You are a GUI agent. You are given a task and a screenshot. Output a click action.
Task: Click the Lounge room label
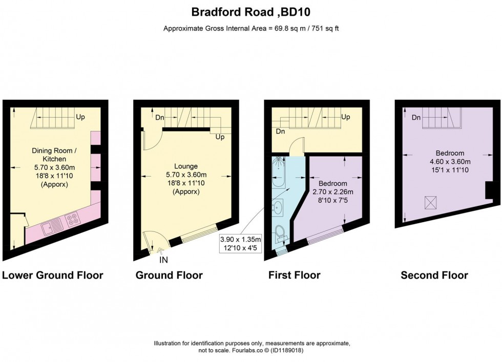coord(185,166)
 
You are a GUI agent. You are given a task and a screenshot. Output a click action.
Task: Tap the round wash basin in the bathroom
coord(279,207)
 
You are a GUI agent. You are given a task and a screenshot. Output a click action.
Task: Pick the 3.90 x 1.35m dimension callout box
coord(240,243)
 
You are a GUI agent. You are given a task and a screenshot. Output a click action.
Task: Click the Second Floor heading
coord(434,275)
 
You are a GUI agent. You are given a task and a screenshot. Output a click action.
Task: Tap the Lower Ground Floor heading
coord(53,275)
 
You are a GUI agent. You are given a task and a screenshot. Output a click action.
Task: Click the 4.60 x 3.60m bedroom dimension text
coord(450,161)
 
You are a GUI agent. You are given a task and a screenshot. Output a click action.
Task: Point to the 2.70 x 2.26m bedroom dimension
coord(332,192)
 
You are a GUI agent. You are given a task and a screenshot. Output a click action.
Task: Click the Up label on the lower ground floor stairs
coord(80,117)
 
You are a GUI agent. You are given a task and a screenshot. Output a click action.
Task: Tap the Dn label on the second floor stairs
coord(416,117)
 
